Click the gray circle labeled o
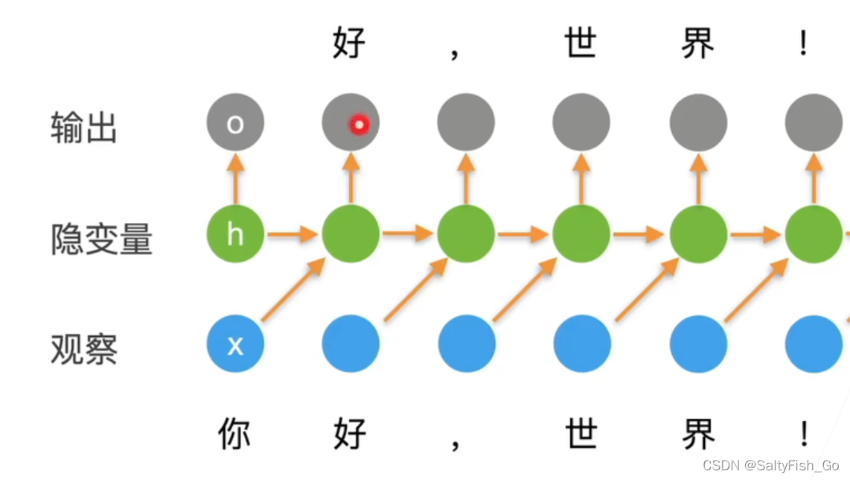[235, 123]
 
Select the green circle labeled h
[235, 234]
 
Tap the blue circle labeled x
[235, 344]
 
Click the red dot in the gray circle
[359, 124]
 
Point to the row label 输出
[84, 127]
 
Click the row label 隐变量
[101, 239]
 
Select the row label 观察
[84, 349]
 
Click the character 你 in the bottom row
[235, 434]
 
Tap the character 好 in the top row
[349, 42]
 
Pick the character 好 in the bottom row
[349, 434]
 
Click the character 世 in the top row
[581, 42]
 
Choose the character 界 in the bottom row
[697, 434]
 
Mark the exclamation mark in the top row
[803, 44]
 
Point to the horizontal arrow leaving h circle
[293, 235]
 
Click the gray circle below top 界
[697, 123]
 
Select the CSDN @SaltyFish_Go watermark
[770, 466]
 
